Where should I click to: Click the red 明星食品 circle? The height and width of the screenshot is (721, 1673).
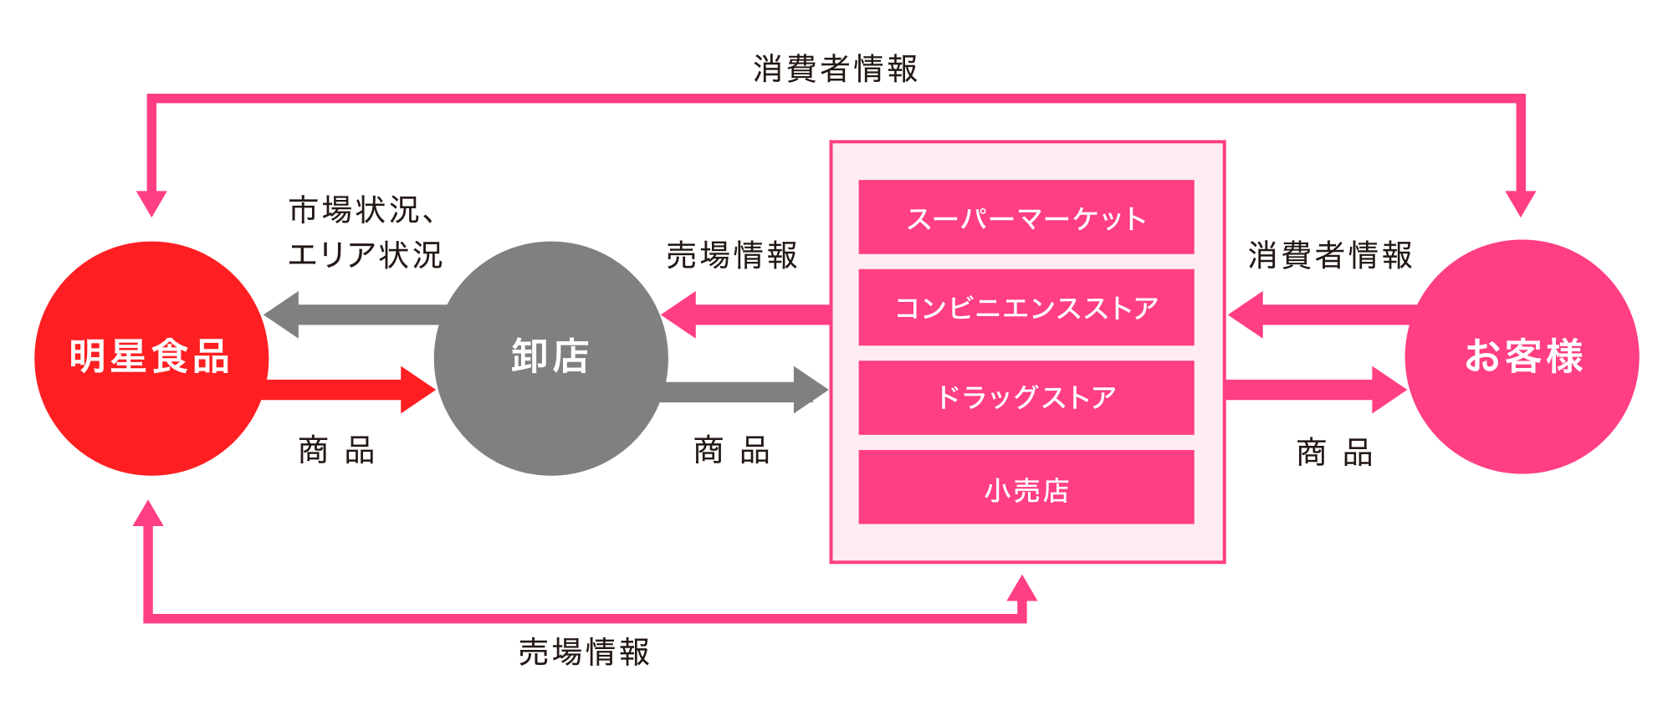(151, 358)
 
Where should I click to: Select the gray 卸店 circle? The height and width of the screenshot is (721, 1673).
(550, 358)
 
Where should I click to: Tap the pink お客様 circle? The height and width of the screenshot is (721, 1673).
(1522, 356)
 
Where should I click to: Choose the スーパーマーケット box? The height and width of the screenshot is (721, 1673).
(1026, 217)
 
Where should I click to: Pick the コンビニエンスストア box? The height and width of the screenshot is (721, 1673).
(1026, 307)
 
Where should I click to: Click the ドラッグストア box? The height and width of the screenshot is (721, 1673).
(1026, 397)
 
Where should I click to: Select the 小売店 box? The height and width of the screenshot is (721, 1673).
(1026, 488)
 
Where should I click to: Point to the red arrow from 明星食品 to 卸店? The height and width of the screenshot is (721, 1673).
(351, 390)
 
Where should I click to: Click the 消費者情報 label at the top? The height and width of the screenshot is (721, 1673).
(835, 69)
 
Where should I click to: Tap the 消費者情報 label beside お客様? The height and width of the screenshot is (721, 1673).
(1330, 255)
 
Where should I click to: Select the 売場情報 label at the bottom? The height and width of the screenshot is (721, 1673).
(584, 652)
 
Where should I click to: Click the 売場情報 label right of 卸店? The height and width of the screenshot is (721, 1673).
(732, 255)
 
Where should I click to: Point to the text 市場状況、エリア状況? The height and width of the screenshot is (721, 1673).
(364, 233)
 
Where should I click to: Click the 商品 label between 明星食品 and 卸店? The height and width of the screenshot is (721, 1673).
(336, 451)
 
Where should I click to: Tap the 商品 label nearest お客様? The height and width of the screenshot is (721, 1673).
(1334, 453)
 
